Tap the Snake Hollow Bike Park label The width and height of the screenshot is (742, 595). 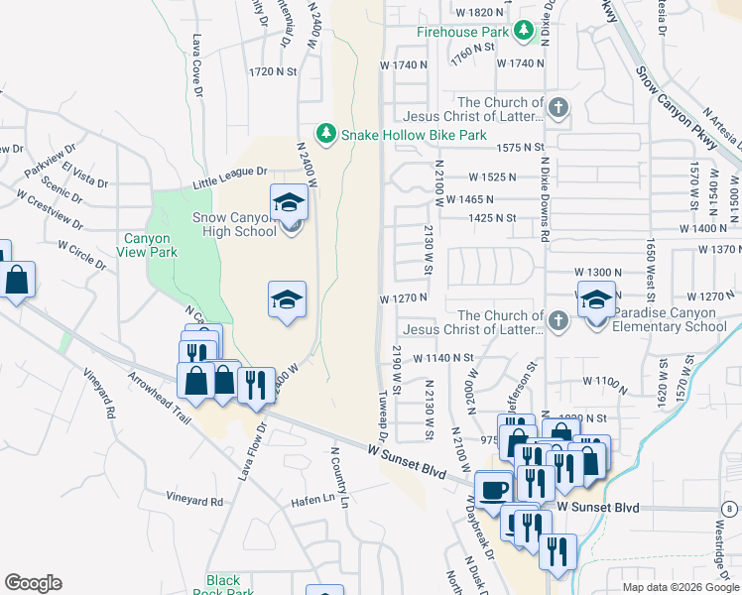[x=414, y=135]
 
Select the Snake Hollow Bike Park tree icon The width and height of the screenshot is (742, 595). [x=324, y=133]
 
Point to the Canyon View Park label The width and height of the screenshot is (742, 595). [x=148, y=245]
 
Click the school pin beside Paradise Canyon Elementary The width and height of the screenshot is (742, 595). [x=596, y=300]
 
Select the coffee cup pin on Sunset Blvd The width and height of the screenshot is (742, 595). [x=493, y=489]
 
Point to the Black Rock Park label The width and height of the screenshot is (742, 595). [x=224, y=586]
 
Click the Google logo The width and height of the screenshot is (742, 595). [x=33, y=583]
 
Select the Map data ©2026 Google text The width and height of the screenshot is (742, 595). [x=680, y=587]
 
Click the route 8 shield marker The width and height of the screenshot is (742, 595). [x=730, y=509]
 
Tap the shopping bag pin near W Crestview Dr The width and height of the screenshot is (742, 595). [x=18, y=281]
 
